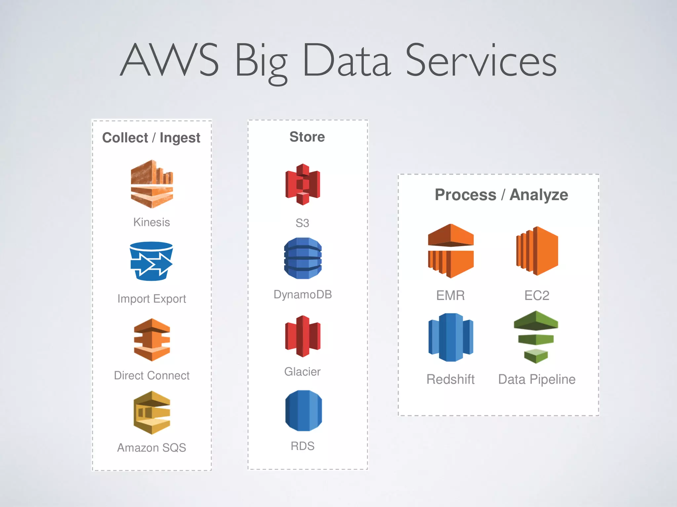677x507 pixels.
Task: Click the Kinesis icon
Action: tap(152, 184)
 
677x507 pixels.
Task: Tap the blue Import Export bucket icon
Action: tap(151, 261)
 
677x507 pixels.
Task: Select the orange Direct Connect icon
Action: tap(152, 340)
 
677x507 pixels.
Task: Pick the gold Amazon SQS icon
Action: tap(152, 413)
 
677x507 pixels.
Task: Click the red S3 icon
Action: tap(303, 185)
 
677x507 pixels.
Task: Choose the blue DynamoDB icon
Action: tap(303, 258)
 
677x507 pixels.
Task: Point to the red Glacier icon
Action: tap(303, 336)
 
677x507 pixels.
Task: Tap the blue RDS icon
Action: tap(303, 411)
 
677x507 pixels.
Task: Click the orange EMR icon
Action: tap(451, 251)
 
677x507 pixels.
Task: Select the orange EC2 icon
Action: tap(537, 251)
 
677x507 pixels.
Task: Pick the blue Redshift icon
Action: tap(451, 337)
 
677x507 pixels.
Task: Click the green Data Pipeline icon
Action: tap(536, 337)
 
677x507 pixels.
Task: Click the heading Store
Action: tap(307, 137)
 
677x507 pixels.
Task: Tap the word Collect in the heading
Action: tap(125, 138)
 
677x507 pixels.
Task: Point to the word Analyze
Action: tap(539, 195)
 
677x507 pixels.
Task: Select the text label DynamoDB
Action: tap(302, 294)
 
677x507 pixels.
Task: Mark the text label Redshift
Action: tap(451, 379)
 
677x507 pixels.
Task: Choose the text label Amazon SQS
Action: tap(152, 448)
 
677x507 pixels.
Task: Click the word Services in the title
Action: tap(481, 61)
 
